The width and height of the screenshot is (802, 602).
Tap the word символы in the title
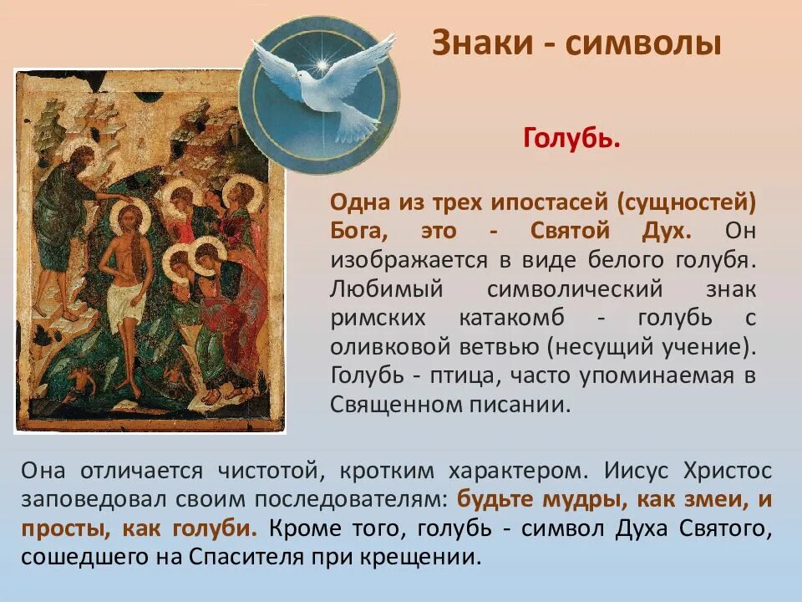642,43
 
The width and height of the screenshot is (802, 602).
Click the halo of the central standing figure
129,217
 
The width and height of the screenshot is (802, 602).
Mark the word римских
376,318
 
